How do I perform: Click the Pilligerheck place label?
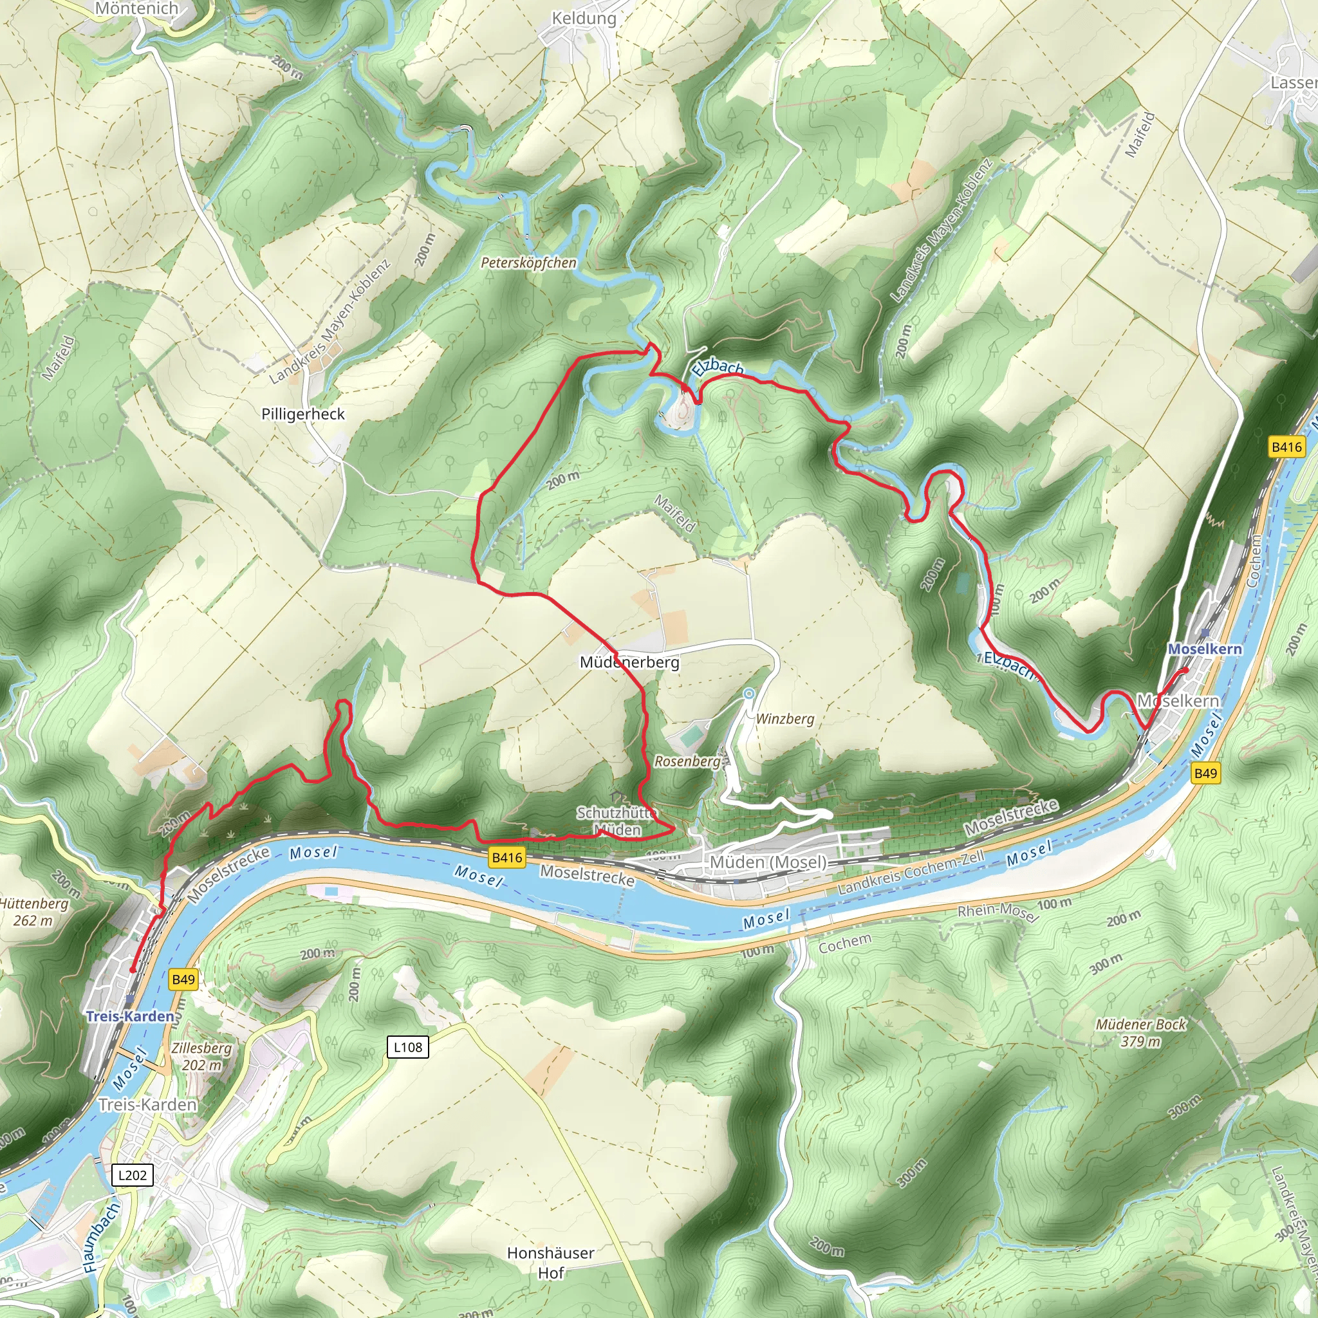(x=303, y=414)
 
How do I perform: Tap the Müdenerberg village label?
(x=629, y=662)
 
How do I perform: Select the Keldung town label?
(x=583, y=19)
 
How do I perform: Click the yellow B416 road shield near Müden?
(x=507, y=857)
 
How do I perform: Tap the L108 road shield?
(x=408, y=1047)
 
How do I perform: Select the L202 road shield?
(x=133, y=1174)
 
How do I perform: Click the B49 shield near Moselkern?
(x=1205, y=773)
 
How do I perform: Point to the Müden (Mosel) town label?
(x=768, y=862)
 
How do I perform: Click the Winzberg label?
(x=784, y=719)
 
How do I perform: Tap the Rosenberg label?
(x=687, y=761)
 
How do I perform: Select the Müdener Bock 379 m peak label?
(x=1140, y=1033)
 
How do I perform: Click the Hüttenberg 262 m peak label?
(x=33, y=912)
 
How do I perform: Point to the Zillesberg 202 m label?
(x=201, y=1056)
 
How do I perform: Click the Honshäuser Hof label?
(x=550, y=1263)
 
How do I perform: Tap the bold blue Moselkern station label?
(x=1205, y=649)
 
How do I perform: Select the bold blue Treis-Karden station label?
(x=130, y=1016)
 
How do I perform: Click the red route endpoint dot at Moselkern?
(x=1185, y=670)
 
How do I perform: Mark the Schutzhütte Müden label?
(x=616, y=821)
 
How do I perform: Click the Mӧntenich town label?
(x=136, y=9)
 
